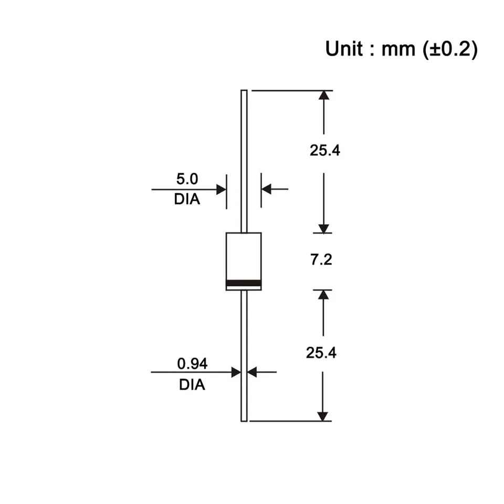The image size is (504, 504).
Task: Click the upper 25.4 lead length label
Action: coord(324,151)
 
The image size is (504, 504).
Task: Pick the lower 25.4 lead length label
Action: coord(321,352)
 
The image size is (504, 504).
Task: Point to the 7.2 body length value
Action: coord(321,260)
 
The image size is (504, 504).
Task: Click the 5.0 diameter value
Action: coord(187,180)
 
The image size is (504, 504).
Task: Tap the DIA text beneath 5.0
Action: coord(187,199)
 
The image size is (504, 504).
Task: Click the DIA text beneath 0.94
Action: coord(192,385)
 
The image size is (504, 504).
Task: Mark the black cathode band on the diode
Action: coord(244,284)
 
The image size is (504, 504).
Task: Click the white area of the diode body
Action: coord(244,255)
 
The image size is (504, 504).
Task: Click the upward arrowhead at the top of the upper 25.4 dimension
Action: coord(324,96)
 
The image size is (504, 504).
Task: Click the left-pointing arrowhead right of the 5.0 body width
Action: coord(267,189)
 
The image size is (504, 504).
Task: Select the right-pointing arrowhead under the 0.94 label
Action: coord(236,372)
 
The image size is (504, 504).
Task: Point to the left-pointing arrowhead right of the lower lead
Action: coord(251,372)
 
